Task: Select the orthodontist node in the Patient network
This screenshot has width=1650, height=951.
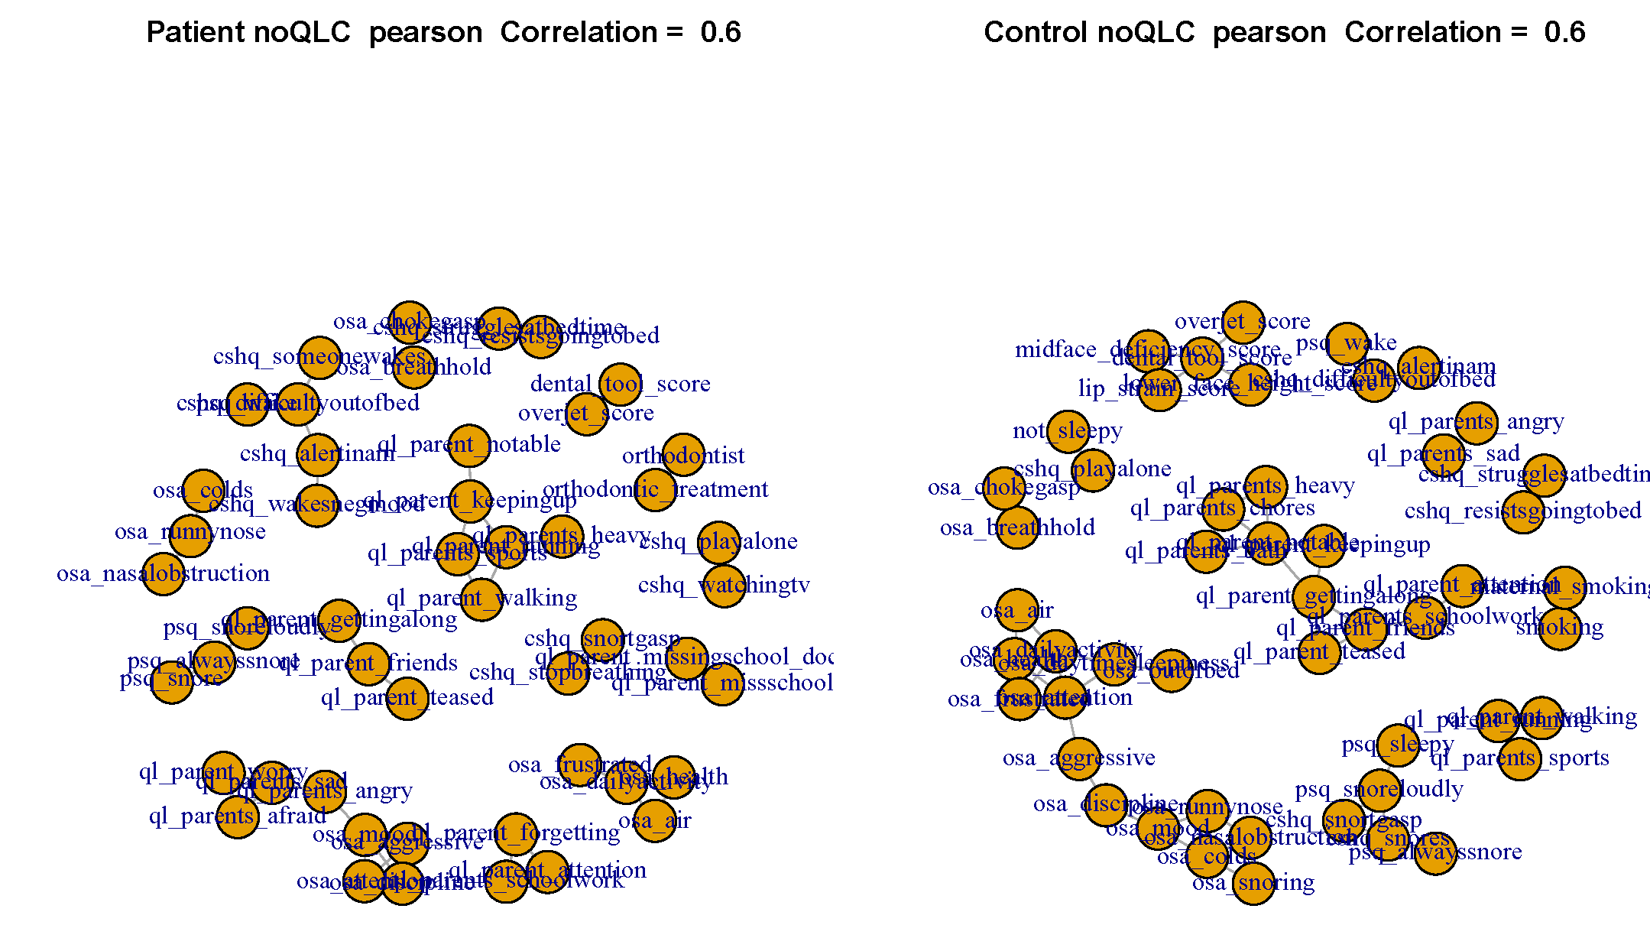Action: (x=683, y=455)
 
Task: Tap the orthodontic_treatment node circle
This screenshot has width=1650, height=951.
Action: (x=655, y=489)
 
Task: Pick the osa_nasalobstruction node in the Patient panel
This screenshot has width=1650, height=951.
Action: (x=164, y=574)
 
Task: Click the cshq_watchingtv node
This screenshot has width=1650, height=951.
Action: (x=724, y=586)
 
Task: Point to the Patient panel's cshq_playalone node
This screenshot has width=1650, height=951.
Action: (x=718, y=542)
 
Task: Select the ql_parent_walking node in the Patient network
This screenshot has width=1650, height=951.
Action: (x=481, y=599)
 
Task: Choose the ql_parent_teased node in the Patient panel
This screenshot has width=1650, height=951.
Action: (x=407, y=698)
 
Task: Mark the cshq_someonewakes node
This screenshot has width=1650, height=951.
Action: (x=319, y=357)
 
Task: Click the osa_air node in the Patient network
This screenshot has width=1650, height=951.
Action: (x=655, y=821)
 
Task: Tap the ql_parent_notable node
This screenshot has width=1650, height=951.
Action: (x=469, y=446)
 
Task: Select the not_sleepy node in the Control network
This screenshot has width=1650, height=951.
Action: (x=1068, y=431)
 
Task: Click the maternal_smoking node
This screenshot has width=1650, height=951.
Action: (x=1564, y=587)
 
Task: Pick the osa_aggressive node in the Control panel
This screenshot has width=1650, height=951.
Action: (x=1079, y=758)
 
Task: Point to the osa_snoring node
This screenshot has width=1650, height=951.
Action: (x=1253, y=883)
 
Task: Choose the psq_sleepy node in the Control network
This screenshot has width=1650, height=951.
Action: (x=1398, y=745)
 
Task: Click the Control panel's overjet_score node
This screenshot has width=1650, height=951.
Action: (x=1243, y=322)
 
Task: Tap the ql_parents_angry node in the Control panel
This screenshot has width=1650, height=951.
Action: (x=1476, y=423)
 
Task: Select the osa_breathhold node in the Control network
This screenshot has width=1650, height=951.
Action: (x=1017, y=527)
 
